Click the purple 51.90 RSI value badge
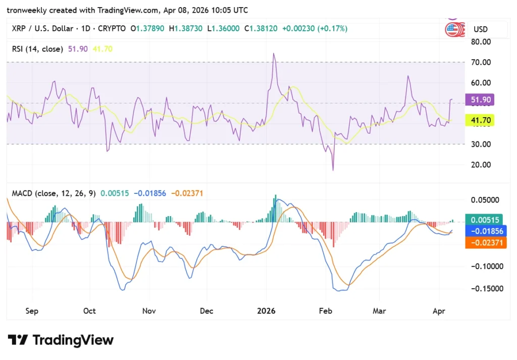click(x=481, y=100)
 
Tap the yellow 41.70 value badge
click(x=481, y=120)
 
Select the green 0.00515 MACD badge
click(x=485, y=220)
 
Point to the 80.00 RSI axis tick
click(x=480, y=42)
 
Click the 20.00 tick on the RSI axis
click(x=480, y=165)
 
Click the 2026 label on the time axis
click(x=266, y=311)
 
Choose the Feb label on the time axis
click(x=326, y=311)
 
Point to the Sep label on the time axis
click(x=31, y=311)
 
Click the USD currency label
click(x=480, y=29)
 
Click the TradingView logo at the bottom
click(x=61, y=340)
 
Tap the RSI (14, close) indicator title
click(x=38, y=49)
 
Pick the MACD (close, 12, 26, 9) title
click(x=54, y=193)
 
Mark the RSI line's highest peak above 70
click(x=274, y=53)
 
